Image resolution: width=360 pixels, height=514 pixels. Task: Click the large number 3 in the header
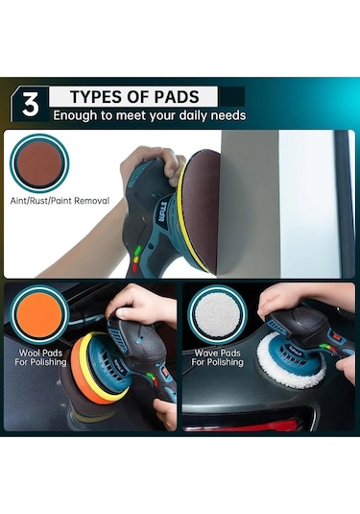coord(31,105)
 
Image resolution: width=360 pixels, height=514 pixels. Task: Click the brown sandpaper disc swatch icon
coord(39,163)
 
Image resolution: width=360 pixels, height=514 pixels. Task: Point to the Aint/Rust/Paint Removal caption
coord(60,201)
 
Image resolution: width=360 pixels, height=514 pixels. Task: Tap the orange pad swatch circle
coord(39,314)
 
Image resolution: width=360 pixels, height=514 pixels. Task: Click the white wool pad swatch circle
coord(217,314)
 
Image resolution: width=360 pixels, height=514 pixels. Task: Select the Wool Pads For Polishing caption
coord(40,357)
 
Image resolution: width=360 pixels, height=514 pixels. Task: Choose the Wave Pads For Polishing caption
coord(218,357)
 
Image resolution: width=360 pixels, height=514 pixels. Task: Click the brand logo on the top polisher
coord(163,212)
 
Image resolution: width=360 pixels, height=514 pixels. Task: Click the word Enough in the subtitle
coord(75,115)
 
